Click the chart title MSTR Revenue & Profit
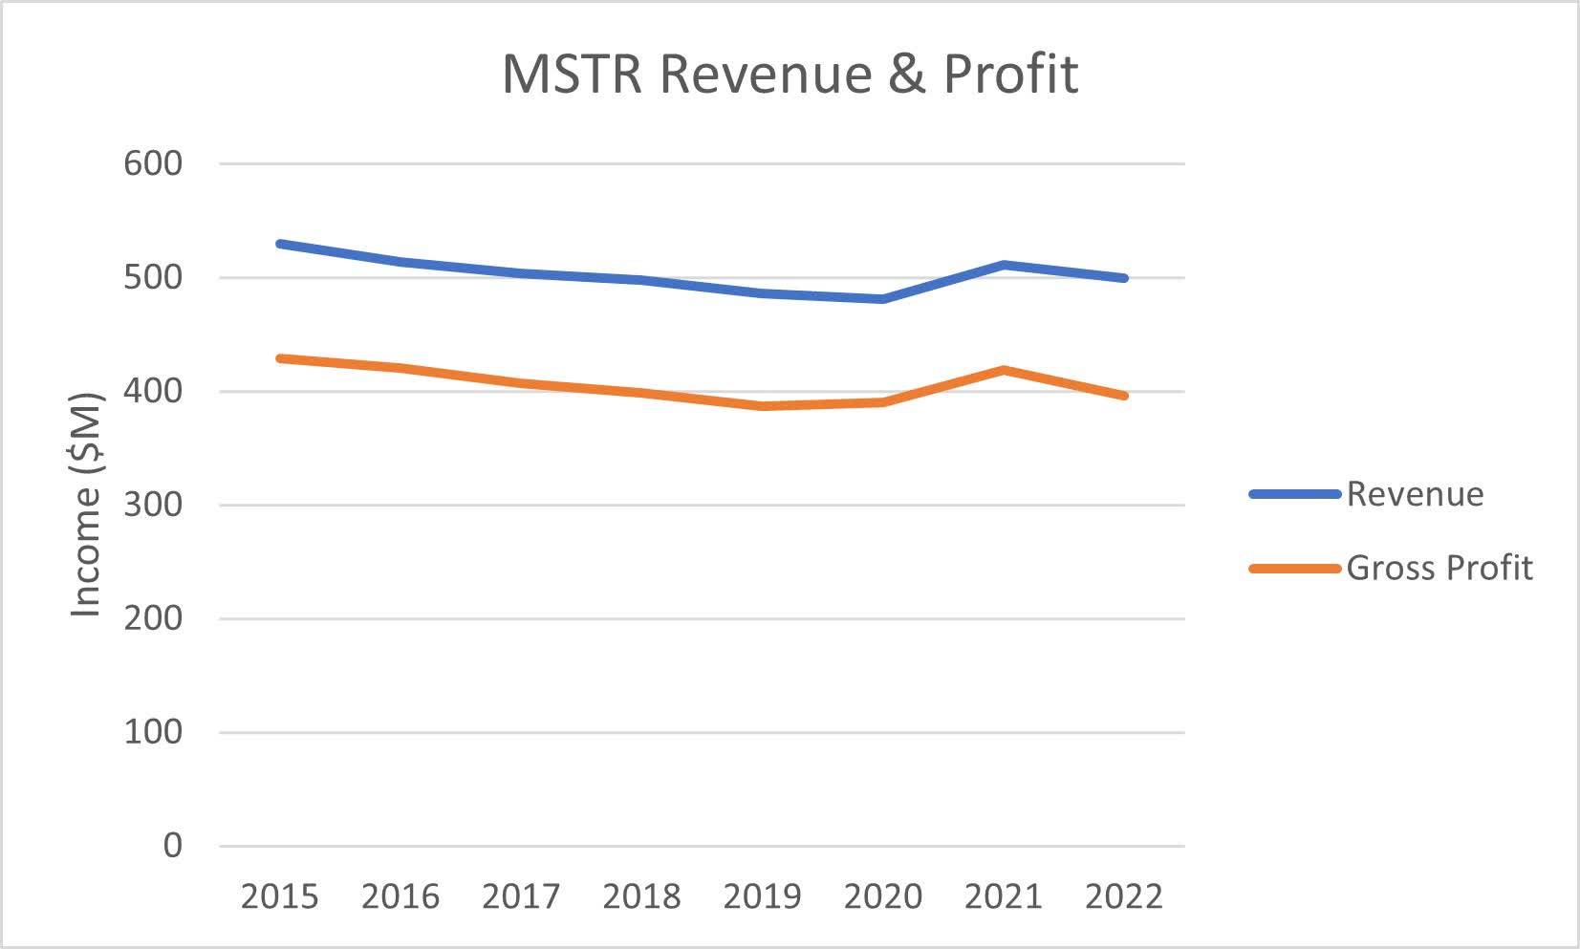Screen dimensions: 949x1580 point(790,74)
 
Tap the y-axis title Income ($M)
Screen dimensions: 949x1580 point(86,504)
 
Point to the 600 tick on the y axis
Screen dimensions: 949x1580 point(153,163)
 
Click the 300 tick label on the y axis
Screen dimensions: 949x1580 point(153,505)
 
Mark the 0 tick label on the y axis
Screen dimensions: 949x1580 point(172,846)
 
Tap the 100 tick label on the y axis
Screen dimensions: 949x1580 point(153,732)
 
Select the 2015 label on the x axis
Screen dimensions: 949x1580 point(279,896)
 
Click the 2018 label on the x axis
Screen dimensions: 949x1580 point(641,896)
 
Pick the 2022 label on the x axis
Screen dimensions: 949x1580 point(1124,896)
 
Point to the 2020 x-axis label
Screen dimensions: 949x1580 point(882,896)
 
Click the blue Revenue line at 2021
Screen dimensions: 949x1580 point(1004,265)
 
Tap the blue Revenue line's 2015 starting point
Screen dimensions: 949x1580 point(280,244)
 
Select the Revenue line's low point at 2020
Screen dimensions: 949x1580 point(882,299)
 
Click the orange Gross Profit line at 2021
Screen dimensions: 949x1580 point(1004,370)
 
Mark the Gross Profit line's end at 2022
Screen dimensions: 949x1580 point(1124,396)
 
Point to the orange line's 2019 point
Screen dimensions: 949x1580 point(762,406)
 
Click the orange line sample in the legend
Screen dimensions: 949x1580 point(1294,569)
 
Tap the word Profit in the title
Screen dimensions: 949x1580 point(1010,74)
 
